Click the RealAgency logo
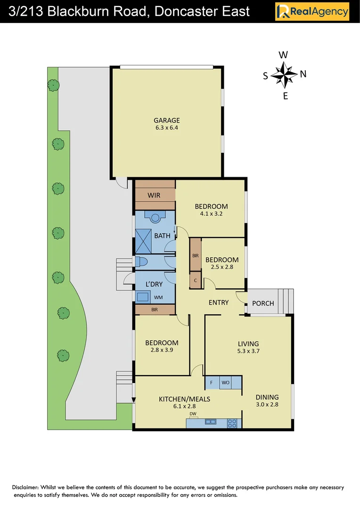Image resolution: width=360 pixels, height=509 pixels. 312,11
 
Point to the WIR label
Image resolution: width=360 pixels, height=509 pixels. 154,195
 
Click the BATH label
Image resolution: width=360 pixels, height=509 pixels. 162,235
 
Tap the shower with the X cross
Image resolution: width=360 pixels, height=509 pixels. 143,241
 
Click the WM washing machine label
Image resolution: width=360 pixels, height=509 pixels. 158,297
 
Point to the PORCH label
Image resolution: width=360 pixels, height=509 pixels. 263,303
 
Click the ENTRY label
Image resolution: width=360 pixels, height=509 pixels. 219,303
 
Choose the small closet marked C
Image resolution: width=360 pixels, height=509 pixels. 196,280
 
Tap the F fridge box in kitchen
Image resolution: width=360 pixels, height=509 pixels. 212,382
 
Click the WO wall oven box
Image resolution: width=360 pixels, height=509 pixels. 225,382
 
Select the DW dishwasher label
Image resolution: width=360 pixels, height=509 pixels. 193,414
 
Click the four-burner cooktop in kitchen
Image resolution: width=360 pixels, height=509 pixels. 232,423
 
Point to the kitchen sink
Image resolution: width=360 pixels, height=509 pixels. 210,423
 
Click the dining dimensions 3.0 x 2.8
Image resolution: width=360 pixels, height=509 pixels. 267,404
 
